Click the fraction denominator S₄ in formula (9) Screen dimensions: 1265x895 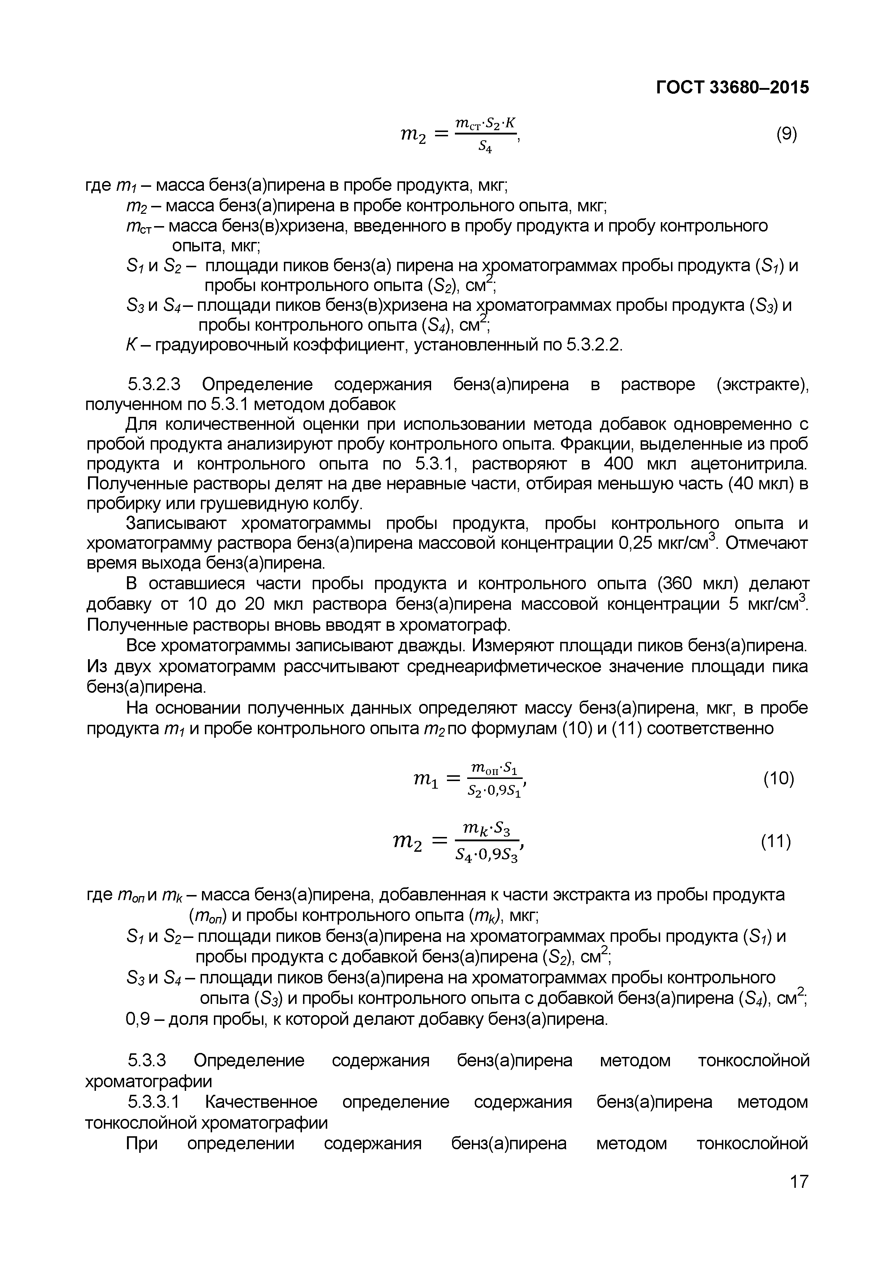point(485,146)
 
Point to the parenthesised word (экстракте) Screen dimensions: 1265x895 point(763,384)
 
